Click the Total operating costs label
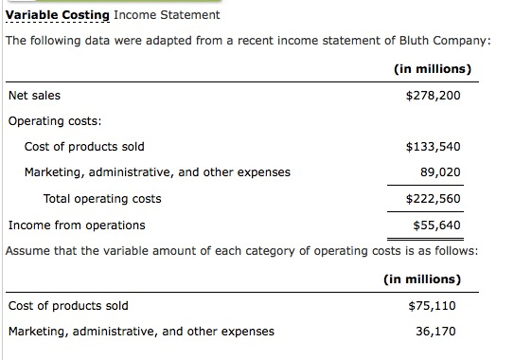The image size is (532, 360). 102,199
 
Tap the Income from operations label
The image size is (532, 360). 77,225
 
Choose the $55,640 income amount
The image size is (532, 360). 436,225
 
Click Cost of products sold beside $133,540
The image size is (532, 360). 84,147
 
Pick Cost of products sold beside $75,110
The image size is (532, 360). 68,305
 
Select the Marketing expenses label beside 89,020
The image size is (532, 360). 157,172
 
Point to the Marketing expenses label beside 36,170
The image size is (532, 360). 141,331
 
